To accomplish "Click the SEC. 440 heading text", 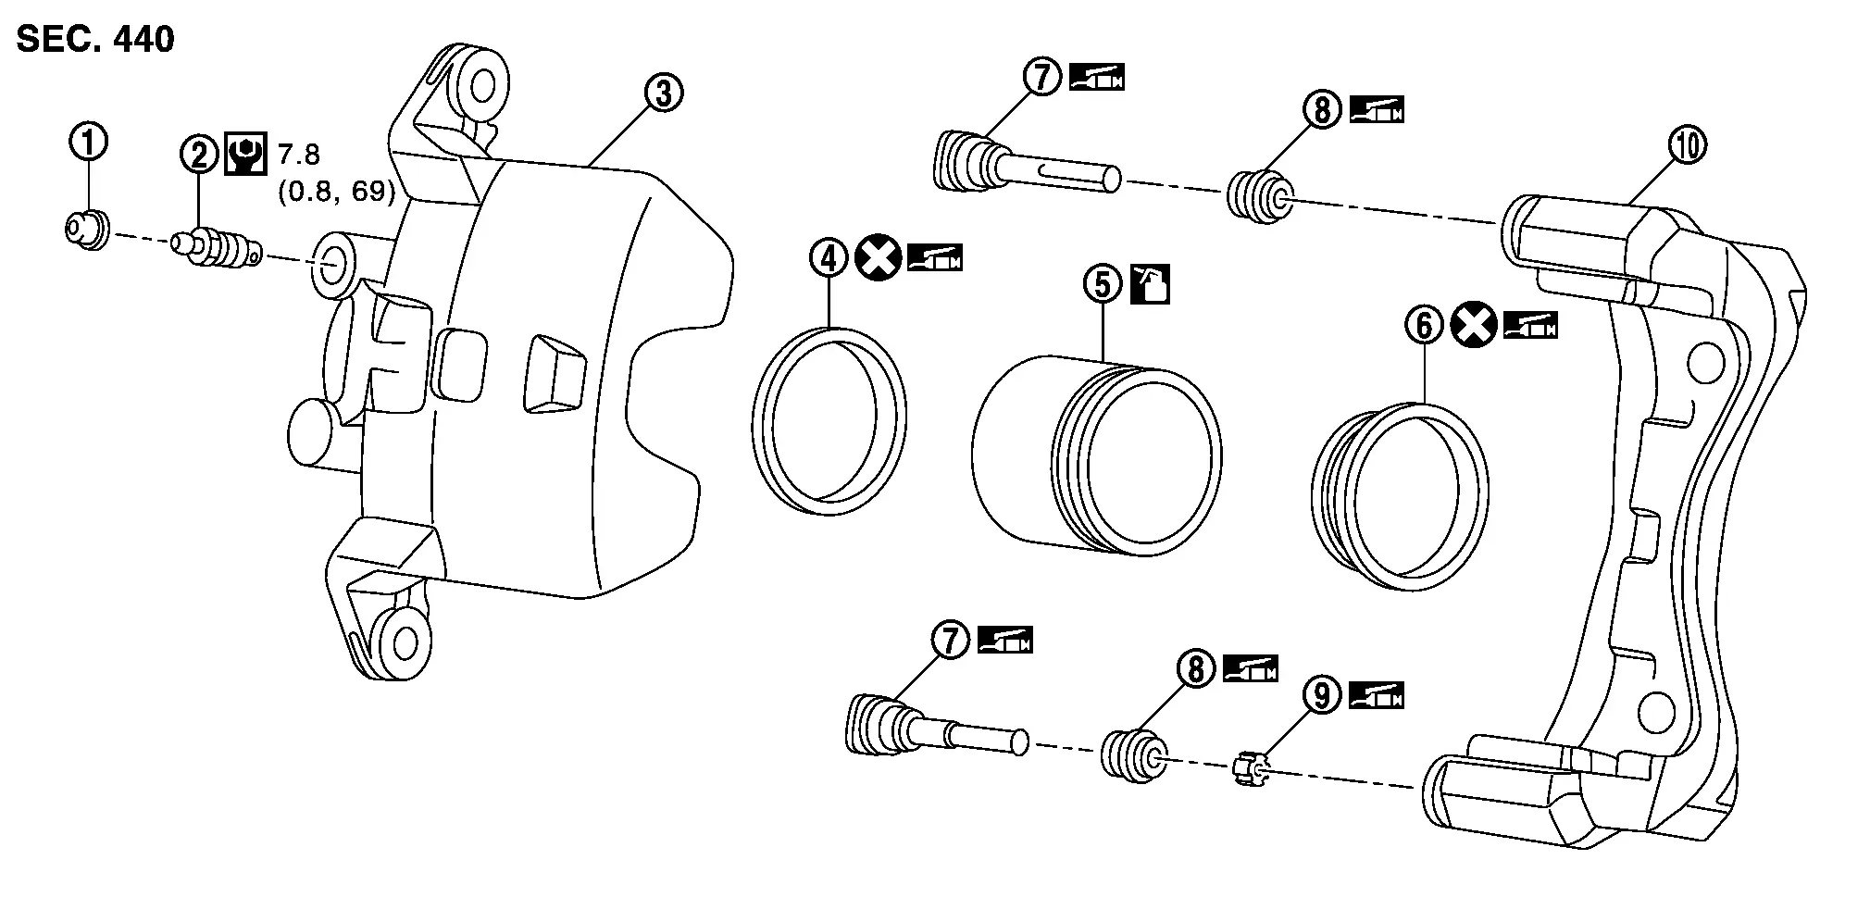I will coord(95,40).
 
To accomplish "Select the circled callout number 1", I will coord(89,143).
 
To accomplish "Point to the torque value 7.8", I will coord(298,154).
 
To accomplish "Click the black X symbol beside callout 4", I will coord(879,257).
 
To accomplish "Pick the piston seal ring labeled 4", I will coord(829,421).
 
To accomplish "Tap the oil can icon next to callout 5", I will coord(1151,284).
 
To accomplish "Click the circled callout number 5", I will coord(1102,284).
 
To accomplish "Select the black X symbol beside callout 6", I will coord(1474,325).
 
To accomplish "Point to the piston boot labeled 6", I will coord(1401,495).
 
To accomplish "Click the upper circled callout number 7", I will coord(1042,77).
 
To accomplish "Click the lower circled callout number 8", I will coord(1196,667).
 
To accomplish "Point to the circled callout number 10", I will coord(1687,145).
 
